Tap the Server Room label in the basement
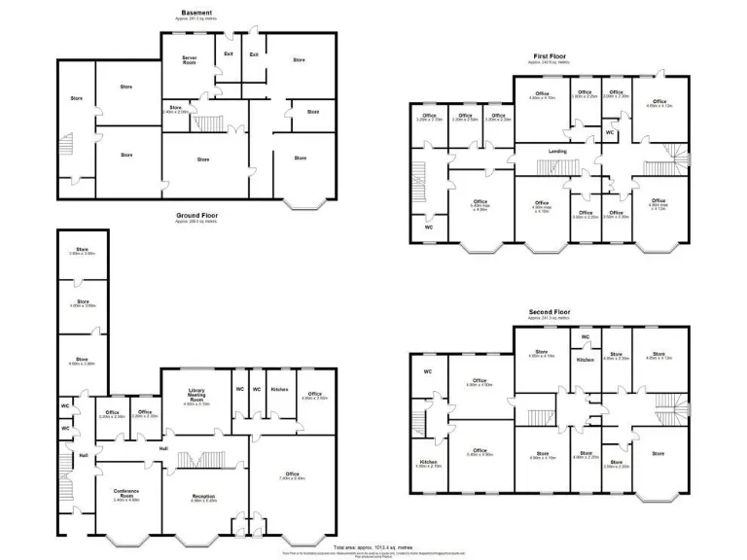[x=190, y=60]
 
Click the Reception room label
[x=203, y=496]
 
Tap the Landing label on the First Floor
[x=557, y=152]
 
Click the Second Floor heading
[x=551, y=312]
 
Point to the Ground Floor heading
[x=196, y=215]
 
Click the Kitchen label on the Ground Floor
[x=278, y=389]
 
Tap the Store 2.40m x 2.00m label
[x=176, y=109]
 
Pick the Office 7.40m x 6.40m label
[x=293, y=475]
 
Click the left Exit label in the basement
[x=229, y=54]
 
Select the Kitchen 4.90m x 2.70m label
[x=429, y=464]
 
